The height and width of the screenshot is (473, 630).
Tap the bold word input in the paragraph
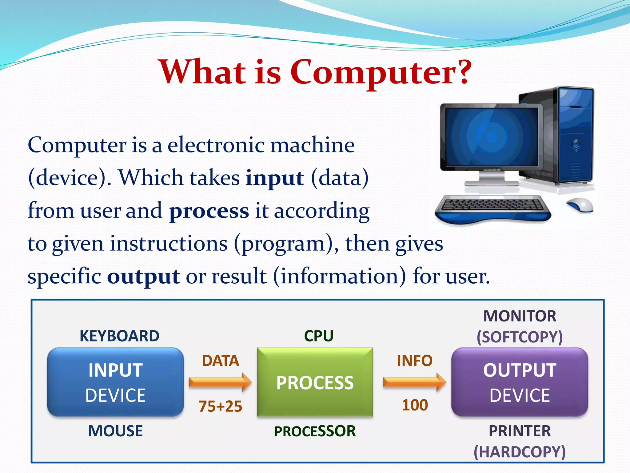[x=274, y=178]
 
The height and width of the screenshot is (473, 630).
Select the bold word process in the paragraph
[x=209, y=211]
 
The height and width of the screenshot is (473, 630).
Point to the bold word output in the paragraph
[x=143, y=277]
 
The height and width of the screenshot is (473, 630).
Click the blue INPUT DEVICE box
[x=115, y=382]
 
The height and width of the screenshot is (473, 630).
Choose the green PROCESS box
[x=315, y=382]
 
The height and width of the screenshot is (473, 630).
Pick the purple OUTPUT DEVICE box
[x=519, y=382]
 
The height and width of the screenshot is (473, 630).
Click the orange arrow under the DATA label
[x=220, y=382]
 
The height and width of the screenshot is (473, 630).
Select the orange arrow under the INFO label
[x=414, y=382]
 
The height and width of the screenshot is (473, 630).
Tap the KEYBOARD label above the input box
[x=119, y=336]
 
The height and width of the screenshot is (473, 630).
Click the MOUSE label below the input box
[x=115, y=431]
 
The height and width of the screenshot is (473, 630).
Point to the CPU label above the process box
[x=319, y=336]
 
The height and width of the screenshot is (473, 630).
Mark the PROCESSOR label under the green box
[x=315, y=431]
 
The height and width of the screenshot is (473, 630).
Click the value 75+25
[x=220, y=406]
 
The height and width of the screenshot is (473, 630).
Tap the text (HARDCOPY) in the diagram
[x=519, y=452]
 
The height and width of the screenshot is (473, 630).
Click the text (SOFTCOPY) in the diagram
[x=519, y=337]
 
